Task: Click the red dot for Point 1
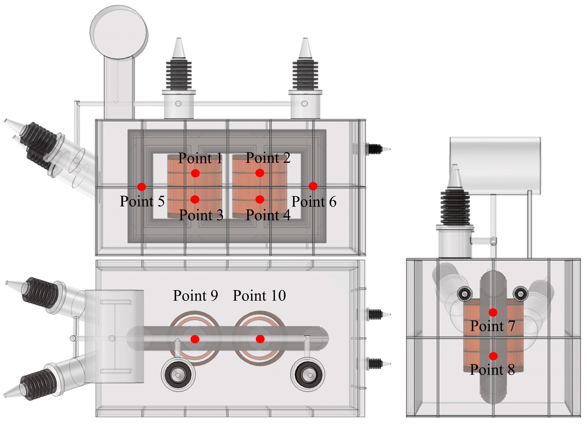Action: pos(195,173)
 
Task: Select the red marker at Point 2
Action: pos(260,173)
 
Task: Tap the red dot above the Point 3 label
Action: pos(195,200)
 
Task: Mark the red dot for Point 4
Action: pos(260,200)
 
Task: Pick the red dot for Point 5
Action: pos(142,187)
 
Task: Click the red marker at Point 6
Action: pos(313,186)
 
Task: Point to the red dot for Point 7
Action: pos(493,312)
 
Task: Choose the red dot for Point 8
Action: pos(493,356)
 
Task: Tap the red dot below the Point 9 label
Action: pos(195,339)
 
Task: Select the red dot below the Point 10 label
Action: pos(260,339)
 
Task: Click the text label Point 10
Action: pos(259,296)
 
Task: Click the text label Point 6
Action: pos(314,202)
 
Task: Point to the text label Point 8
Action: pos(492,370)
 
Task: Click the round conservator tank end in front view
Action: pos(119,32)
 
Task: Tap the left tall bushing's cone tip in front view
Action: pos(179,48)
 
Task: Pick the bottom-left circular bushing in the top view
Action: pos(178,375)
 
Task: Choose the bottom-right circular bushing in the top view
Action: pos(308,375)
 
